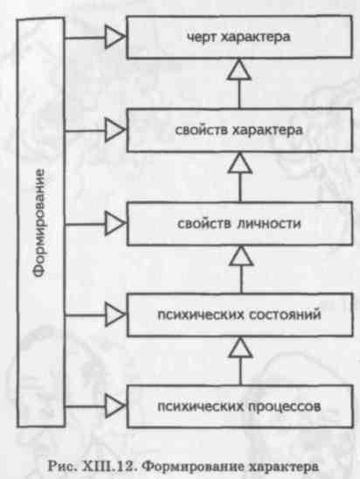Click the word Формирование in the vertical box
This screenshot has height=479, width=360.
click(40, 223)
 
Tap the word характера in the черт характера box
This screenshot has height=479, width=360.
click(255, 38)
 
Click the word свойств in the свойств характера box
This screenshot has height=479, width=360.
click(202, 130)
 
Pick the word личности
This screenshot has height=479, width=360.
click(269, 224)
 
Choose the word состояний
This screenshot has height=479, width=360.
click(285, 315)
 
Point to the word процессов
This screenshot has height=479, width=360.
click(285, 406)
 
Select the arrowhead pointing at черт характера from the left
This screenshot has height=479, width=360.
click(114, 37)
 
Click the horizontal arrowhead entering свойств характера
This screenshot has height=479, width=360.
click(114, 130)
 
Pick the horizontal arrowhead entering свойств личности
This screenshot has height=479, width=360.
click(114, 224)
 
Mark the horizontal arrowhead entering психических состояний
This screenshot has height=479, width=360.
click(114, 315)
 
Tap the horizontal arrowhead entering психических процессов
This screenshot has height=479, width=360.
click(114, 406)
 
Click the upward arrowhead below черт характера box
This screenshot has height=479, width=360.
click(239, 70)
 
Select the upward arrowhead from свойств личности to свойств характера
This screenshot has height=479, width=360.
click(240, 163)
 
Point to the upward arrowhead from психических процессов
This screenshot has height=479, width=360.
click(240, 347)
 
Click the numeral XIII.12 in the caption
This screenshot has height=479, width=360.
click(110, 467)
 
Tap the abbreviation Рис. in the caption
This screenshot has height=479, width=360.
click(62, 467)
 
